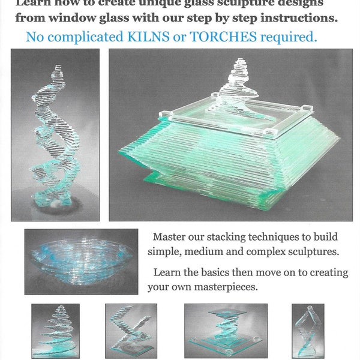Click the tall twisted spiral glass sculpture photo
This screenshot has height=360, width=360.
pyautogui.click(x=55, y=135)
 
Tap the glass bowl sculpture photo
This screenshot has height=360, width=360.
pyautogui.click(x=81, y=261)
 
